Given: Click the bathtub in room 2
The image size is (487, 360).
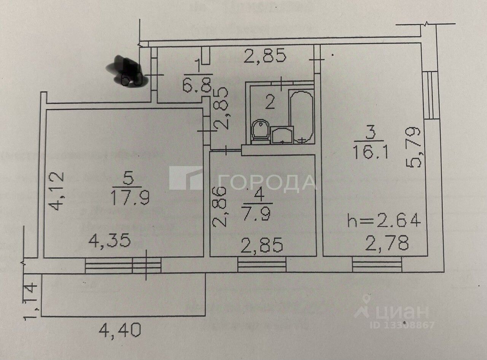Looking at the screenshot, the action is pyautogui.click(x=301, y=116).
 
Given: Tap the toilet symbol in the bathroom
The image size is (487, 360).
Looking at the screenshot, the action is pyautogui.click(x=260, y=132).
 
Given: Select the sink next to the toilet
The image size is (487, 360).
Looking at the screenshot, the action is pyautogui.click(x=282, y=135).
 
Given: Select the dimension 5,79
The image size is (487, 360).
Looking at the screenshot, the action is pyautogui.click(x=414, y=148).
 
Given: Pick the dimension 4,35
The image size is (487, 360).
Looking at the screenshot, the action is pyautogui.click(x=110, y=241).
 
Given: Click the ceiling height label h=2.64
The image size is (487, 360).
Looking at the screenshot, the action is pyautogui.click(x=384, y=220).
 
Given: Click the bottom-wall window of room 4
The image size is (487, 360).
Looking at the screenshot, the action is pyautogui.click(x=262, y=264).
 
